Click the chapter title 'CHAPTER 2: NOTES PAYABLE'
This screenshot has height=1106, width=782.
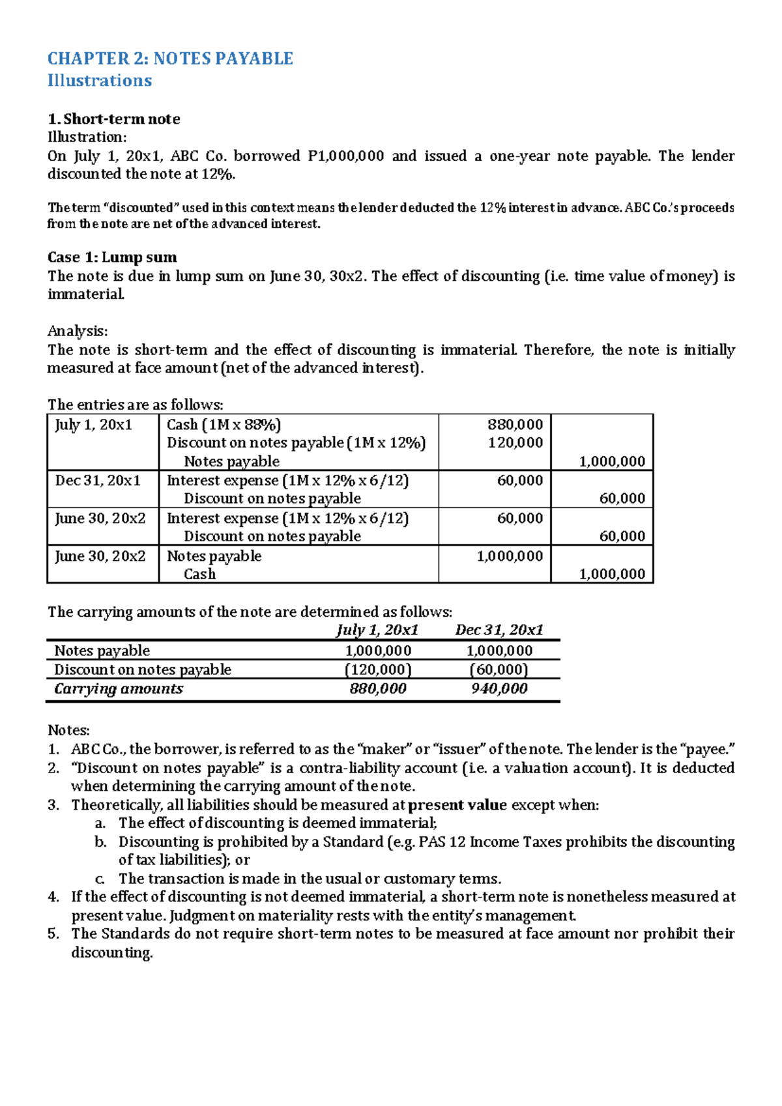coord(170,59)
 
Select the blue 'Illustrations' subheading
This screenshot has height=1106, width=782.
coord(100,81)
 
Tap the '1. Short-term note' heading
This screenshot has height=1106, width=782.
coord(113,119)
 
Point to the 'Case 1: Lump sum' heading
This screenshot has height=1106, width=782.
coord(112,257)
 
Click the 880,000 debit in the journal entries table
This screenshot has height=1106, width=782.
coord(515,425)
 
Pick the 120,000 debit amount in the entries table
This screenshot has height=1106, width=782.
coord(515,443)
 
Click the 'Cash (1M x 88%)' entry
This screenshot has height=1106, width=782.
coord(224,425)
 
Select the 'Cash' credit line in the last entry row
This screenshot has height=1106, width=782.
coord(199,574)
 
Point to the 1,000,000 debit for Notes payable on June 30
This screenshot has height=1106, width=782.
coord(510,556)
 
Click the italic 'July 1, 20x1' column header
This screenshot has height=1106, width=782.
coord(377,631)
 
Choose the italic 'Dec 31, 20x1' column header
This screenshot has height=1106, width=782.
coord(499,631)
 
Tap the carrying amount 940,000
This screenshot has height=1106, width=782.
coord(499,689)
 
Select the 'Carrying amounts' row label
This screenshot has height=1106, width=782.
coord(119,689)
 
